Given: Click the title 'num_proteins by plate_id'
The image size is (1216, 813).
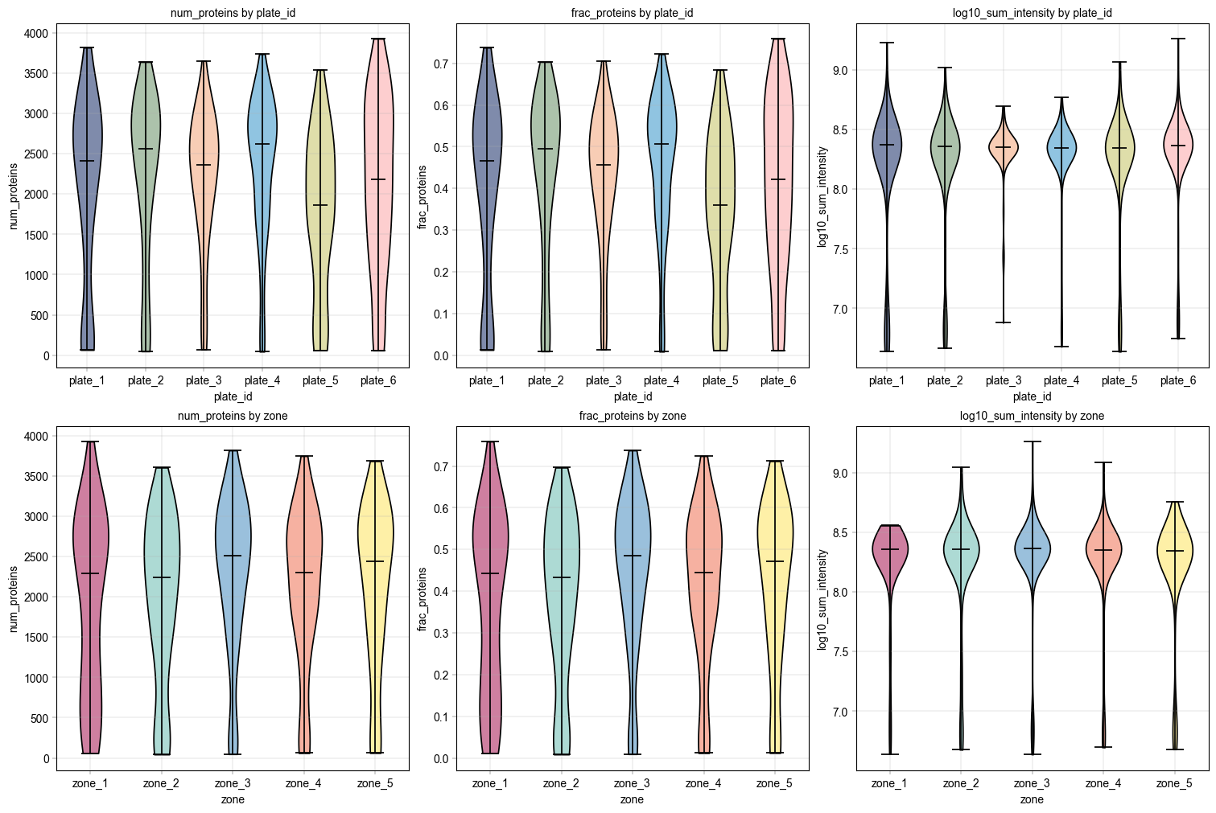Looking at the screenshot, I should point(233,13).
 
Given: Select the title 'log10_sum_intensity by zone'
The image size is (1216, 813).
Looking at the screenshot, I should point(1032,416).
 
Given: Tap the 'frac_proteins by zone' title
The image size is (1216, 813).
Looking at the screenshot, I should point(633,416).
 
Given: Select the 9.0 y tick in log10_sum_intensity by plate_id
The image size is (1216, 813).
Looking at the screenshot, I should point(840,71).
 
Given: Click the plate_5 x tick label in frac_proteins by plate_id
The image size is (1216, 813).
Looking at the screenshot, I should point(719,380).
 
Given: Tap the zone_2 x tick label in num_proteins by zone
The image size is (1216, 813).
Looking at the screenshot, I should point(161,783).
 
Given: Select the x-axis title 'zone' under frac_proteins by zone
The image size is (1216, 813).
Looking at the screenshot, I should point(632,799).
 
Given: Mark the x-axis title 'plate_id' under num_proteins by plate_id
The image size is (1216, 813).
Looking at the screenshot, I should point(233,396).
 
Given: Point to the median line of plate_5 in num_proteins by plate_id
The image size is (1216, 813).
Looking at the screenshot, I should point(320,205).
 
